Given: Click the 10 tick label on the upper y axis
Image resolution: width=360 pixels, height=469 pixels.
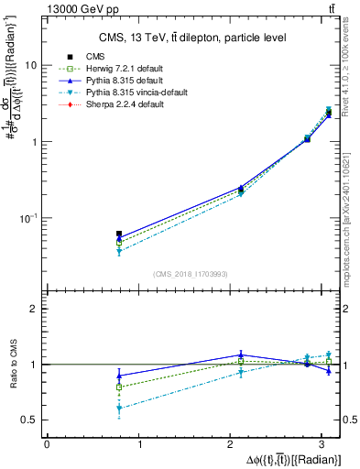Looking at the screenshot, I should click(32, 66).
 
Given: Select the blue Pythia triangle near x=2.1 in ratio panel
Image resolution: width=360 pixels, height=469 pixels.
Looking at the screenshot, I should click(241, 354).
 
